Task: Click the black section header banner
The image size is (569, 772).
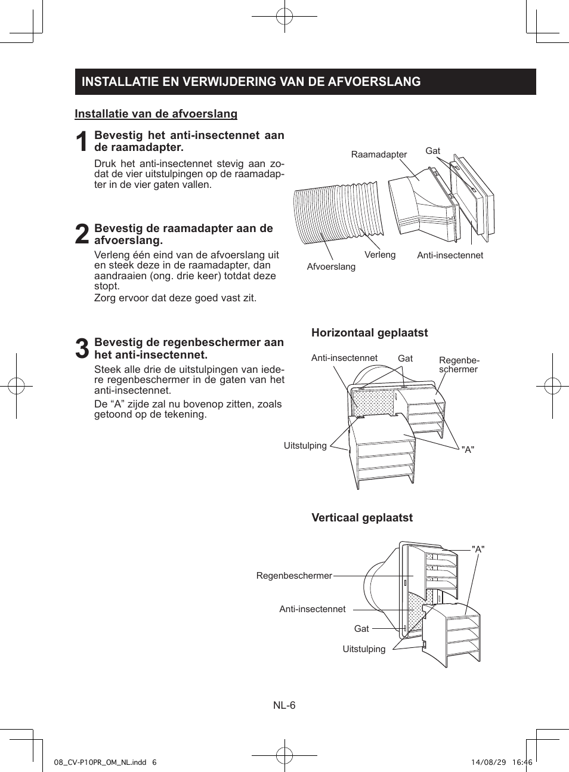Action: click(x=305, y=82)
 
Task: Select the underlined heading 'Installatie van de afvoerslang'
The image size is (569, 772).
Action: click(x=156, y=114)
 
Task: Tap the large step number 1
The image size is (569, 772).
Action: click(x=82, y=142)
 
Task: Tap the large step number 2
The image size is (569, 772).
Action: click(x=82, y=234)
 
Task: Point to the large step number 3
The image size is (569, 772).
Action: click(x=82, y=348)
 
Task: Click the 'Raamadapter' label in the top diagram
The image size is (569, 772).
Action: click(x=379, y=155)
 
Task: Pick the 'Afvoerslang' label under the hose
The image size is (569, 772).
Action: click(x=331, y=267)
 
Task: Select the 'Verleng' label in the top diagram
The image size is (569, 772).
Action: click(x=380, y=255)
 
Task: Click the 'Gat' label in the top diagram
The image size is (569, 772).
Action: click(x=432, y=151)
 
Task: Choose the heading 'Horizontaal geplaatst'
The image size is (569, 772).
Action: click(x=369, y=333)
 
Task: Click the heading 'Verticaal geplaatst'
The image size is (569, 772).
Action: click(x=362, y=518)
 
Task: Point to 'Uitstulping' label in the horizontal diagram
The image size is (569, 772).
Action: click(x=305, y=446)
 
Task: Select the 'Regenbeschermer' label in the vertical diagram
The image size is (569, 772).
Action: click(x=294, y=576)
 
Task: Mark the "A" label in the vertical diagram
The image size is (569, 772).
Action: click(x=478, y=549)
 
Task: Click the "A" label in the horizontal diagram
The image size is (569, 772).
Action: click(x=468, y=449)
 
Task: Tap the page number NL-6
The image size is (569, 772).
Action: click(x=284, y=705)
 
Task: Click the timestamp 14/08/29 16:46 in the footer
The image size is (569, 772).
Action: click(x=501, y=762)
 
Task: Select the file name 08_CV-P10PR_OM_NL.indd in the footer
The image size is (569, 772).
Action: click(x=100, y=762)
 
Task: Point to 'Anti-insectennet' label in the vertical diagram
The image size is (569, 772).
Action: click(x=313, y=609)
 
